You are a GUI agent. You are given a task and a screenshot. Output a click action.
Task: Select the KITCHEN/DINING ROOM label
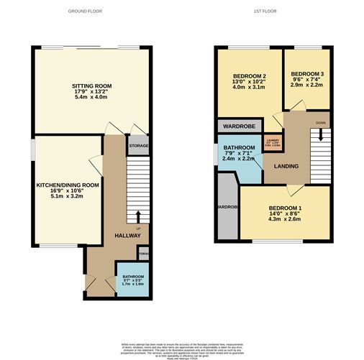pos(67,185)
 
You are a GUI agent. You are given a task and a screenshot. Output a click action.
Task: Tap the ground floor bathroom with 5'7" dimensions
pos(132,280)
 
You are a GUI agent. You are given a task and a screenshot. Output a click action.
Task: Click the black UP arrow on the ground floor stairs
pos(137,216)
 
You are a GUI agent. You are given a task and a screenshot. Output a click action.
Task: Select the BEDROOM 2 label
pos(249,77)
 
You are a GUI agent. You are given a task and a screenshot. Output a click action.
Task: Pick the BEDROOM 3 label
pos(306,74)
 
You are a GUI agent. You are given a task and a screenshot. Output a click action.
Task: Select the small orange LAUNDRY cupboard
pos(272,142)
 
